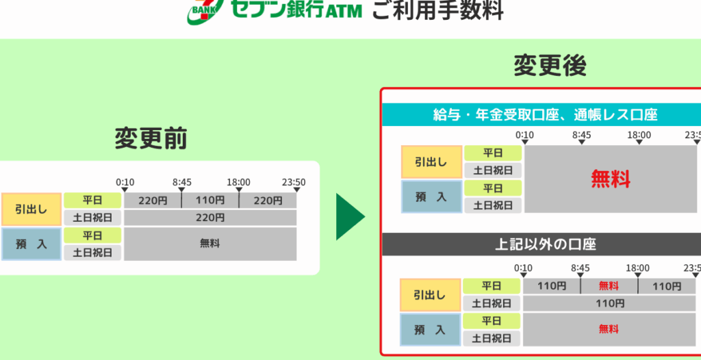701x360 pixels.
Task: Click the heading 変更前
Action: pos(151,139)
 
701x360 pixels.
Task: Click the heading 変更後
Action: pos(550,66)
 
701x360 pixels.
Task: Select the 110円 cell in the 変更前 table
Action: pos(210,201)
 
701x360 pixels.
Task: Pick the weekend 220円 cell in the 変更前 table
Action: pos(210,218)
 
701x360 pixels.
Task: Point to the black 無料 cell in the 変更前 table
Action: pos(210,243)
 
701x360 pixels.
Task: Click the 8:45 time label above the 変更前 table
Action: pos(182,183)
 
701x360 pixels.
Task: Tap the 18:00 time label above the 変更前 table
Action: pos(239,183)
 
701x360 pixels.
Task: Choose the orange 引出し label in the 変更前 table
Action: pos(31,209)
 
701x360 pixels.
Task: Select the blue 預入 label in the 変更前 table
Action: pos(31,244)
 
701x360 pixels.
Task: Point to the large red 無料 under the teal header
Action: pos(611,179)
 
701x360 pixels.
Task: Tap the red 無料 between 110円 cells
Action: pos(609,286)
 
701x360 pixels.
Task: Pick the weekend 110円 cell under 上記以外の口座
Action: pos(610,303)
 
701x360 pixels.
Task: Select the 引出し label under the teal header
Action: pos(431,162)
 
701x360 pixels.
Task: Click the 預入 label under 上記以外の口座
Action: pos(431,330)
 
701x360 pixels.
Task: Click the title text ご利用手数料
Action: pos(437,10)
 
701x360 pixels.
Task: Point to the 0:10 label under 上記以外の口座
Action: pos(523,268)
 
